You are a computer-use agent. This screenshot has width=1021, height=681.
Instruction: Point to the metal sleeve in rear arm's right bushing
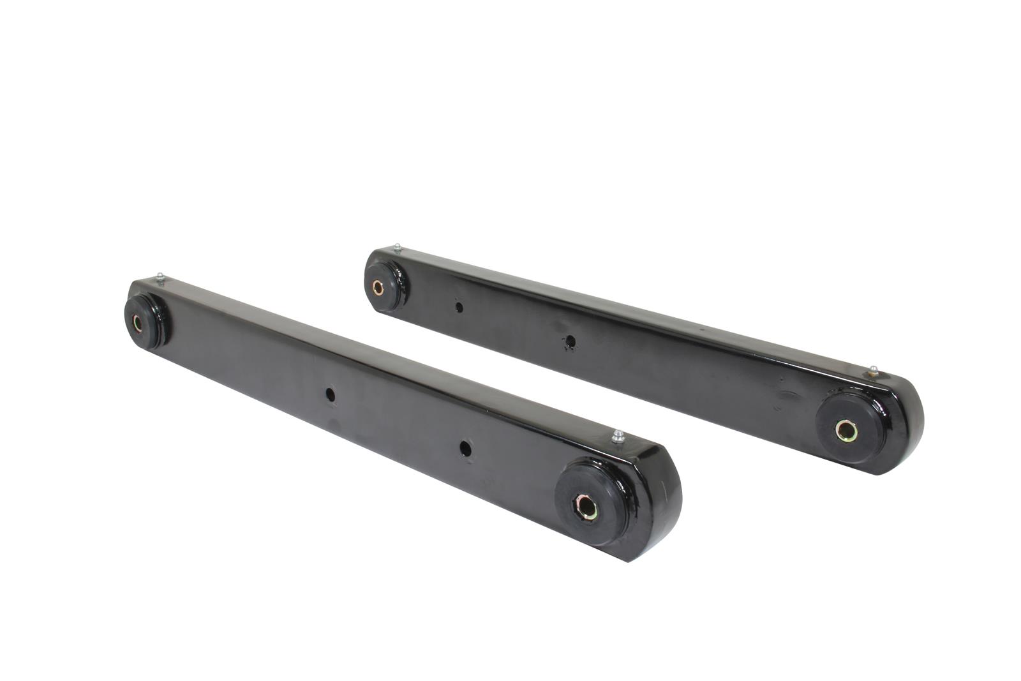click(x=846, y=431)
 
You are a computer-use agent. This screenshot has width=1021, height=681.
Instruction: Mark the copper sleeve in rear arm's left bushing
click(x=378, y=288)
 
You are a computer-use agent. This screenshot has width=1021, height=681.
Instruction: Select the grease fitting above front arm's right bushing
click(x=617, y=437)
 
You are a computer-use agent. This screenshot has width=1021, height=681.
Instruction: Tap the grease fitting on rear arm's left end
click(x=397, y=247)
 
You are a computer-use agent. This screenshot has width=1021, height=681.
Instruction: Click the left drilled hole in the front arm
click(x=330, y=394)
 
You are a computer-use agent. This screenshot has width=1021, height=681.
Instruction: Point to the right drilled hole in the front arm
click(x=465, y=448)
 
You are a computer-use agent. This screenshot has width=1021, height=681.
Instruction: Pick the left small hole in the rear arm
click(x=459, y=307)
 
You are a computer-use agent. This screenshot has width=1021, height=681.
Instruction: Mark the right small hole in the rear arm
click(x=570, y=342)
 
